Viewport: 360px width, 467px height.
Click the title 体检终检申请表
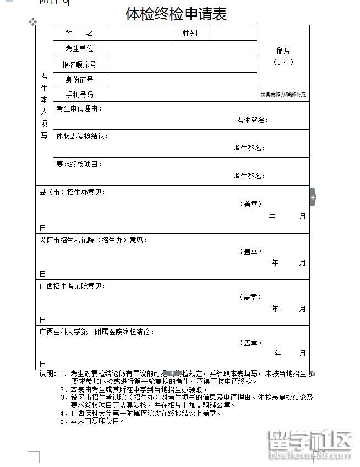tap(176, 14)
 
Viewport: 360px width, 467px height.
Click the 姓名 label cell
tap(79, 34)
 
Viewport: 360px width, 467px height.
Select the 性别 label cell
tap(190, 34)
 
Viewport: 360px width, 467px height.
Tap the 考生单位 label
tap(79, 49)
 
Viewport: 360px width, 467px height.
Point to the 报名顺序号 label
tap(79, 64)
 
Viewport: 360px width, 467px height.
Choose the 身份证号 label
tap(79, 80)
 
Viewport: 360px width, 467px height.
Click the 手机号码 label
tap(79, 95)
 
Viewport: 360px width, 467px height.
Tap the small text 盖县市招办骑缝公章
tap(283, 95)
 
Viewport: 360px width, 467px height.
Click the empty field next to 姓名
tap(139, 34)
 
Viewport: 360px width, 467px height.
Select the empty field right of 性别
tap(232, 34)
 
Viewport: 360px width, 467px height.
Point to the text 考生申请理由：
tap(79, 108)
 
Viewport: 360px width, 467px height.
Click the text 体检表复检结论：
tap(82, 136)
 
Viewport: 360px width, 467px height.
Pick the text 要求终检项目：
tap(79, 164)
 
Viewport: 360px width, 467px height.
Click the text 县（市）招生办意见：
tap(72, 193)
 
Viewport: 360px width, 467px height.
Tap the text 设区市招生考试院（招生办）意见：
tap(93, 240)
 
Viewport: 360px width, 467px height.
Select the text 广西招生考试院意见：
tap(72, 286)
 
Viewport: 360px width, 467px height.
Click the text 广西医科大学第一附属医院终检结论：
tap(97, 332)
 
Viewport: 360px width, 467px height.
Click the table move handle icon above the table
tap(32, 22)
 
